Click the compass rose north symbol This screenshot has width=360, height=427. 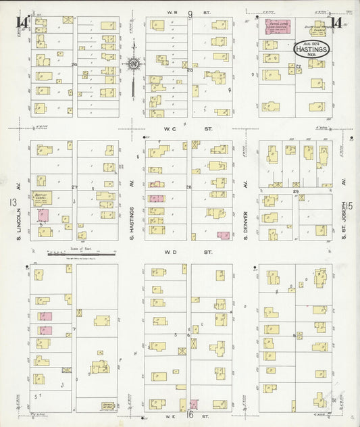pyautogui.click(x=134, y=64)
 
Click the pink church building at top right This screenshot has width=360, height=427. pyautogui.click(x=277, y=26)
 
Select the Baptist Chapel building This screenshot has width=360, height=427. pyautogui.click(x=43, y=199)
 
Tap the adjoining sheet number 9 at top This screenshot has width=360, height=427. pyautogui.click(x=190, y=14)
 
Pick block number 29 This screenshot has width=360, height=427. pyautogui.click(x=296, y=193)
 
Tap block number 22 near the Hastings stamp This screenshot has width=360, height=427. pyautogui.click(x=298, y=66)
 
